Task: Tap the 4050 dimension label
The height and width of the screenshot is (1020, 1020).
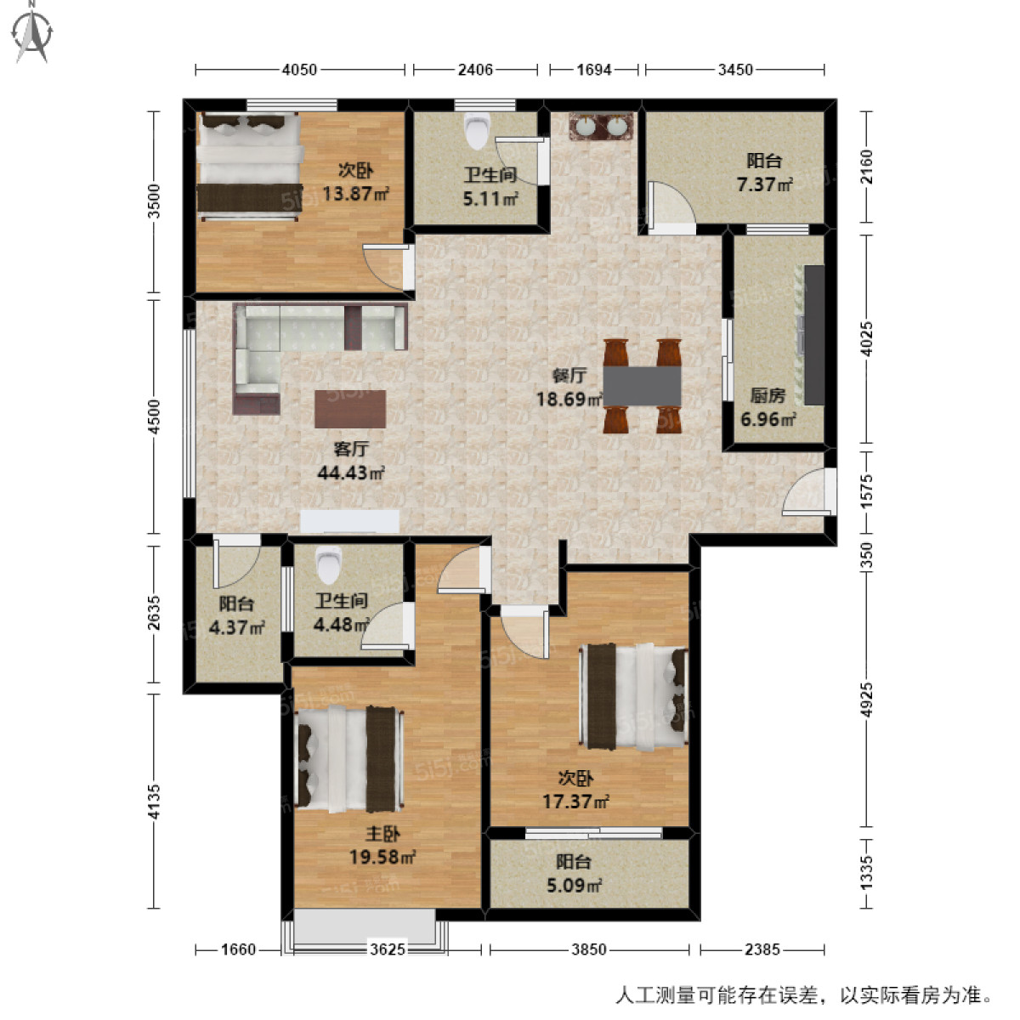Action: click(299, 70)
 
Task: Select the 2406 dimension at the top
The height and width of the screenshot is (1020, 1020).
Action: click(475, 70)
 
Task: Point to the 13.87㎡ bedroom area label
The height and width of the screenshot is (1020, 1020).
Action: click(354, 194)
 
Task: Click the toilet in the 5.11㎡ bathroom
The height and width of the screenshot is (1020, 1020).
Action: click(478, 131)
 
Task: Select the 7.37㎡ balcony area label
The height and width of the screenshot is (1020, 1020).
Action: click(764, 184)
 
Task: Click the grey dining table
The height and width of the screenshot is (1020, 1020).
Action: click(642, 386)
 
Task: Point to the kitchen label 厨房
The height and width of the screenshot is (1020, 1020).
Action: click(767, 395)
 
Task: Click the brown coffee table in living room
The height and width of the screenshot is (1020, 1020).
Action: click(349, 409)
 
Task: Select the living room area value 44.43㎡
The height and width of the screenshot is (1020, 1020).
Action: click(350, 473)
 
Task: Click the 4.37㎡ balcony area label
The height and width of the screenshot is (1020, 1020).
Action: click(236, 628)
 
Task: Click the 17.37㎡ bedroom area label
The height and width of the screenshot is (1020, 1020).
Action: click(575, 801)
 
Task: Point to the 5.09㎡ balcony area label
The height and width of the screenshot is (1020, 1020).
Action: click(574, 886)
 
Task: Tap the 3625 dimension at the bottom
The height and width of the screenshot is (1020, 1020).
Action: click(388, 949)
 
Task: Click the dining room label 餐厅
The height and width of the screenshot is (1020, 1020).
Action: click(569, 375)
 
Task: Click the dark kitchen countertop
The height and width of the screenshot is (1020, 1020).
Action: click(813, 335)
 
